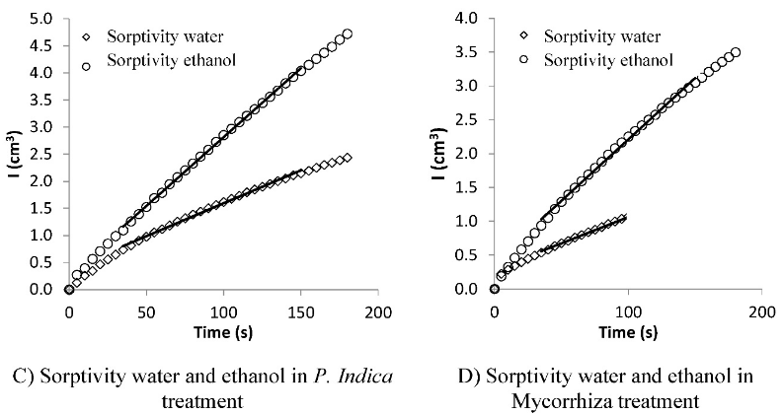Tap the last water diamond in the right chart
[623, 217]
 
